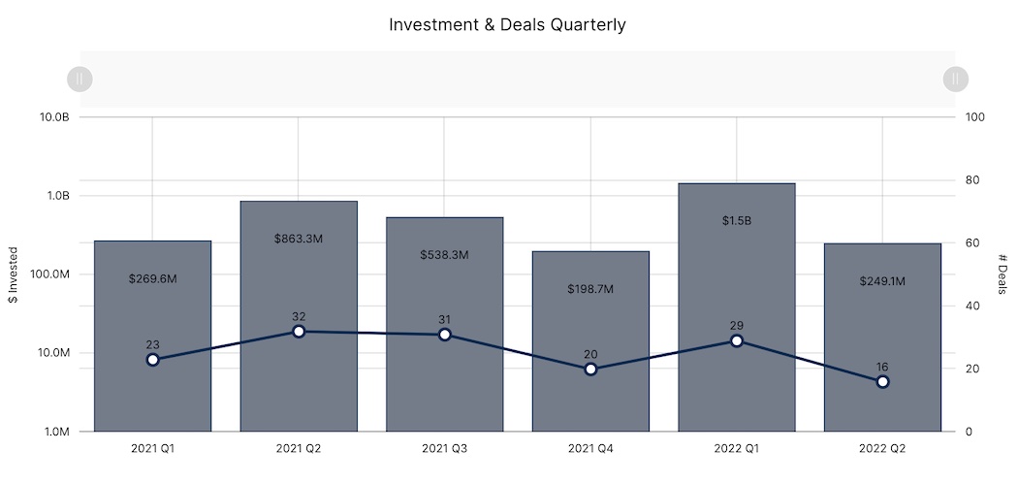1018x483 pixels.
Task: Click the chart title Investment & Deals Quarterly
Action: coord(507,25)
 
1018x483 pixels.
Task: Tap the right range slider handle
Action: coord(955,79)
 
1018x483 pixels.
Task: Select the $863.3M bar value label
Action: coord(299,238)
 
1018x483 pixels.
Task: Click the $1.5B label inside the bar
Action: coord(736,220)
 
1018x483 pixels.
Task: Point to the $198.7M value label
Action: coord(590,289)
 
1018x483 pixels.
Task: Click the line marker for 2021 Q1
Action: coord(152,360)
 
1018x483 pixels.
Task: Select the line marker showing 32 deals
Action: coord(299,332)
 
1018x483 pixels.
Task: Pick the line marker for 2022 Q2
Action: coord(882,382)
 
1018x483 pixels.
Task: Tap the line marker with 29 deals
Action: coord(736,340)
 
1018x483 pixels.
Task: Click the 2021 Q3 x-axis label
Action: coord(444,449)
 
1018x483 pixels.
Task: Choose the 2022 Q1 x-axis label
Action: coord(736,449)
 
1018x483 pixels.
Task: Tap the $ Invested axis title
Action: coord(14,274)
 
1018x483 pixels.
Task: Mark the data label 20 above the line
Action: coord(590,354)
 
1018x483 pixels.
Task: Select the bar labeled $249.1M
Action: coord(882,320)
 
